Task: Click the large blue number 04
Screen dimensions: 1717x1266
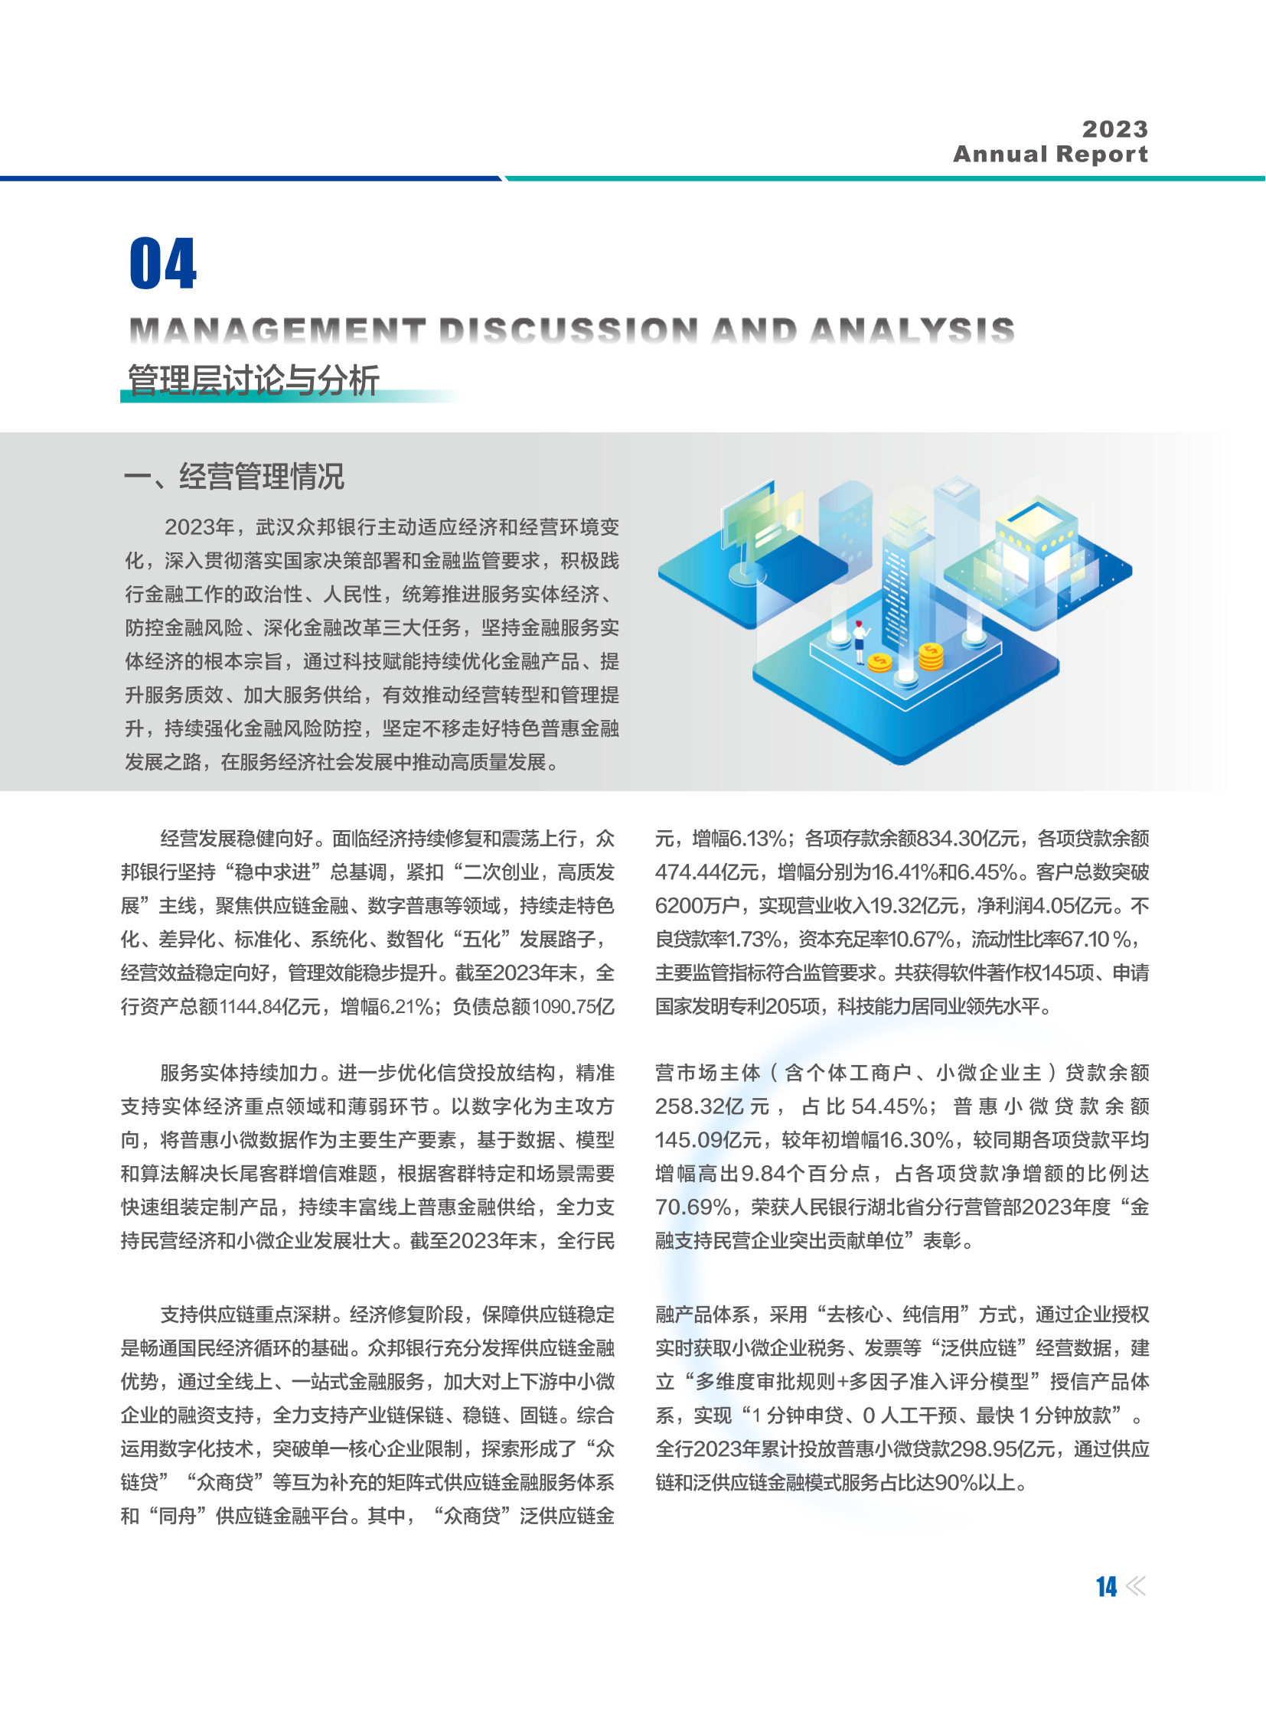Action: pos(162,263)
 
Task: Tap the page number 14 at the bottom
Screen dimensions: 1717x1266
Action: pos(1106,1587)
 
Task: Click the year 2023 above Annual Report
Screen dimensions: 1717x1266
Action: pos(1115,129)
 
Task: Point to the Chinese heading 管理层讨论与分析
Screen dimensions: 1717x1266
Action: pos(253,380)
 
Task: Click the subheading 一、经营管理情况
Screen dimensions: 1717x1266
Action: pos(233,477)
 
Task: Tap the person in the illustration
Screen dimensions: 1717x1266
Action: pos(859,640)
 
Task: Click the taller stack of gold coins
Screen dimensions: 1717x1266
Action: pos(931,656)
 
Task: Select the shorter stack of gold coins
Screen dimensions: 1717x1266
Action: pos(879,661)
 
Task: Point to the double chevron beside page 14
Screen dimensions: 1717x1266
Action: pos(1137,1587)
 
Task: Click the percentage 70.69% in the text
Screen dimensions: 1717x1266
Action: pos(693,1207)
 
